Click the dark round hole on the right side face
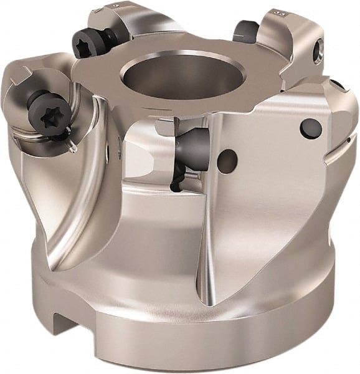[310, 128]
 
